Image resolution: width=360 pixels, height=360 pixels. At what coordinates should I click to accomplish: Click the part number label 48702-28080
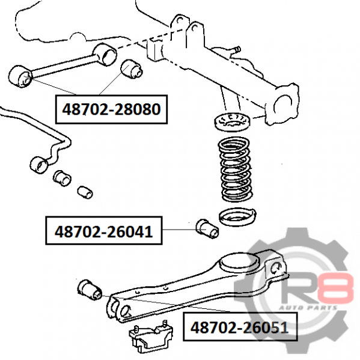[x=111, y=109]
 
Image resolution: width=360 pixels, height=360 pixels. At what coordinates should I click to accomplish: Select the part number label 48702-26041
[x=103, y=231]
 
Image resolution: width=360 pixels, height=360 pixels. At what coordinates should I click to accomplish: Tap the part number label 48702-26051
[x=239, y=327]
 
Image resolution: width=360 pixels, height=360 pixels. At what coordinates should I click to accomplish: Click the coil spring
[x=236, y=169]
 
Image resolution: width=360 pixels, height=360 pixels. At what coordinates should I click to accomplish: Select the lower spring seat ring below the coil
[x=237, y=217]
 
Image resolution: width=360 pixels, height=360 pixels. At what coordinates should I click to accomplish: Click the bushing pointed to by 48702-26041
[x=207, y=228]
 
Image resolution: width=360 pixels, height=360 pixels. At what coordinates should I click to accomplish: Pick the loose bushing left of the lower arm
[x=90, y=290]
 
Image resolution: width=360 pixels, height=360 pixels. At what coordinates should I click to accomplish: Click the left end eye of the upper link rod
[x=20, y=76]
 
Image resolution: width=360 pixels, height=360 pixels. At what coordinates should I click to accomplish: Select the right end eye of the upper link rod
[x=105, y=55]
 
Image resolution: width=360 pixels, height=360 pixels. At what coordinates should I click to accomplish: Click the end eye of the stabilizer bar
[x=39, y=165]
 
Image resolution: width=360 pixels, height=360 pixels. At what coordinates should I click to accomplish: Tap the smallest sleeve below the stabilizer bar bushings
[x=85, y=192]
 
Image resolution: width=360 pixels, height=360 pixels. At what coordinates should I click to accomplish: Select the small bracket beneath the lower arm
[x=151, y=337]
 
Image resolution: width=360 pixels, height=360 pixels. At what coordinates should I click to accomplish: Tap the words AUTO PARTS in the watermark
[x=308, y=308]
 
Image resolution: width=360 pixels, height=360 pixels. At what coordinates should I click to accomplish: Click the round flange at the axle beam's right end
[x=283, y=104]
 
